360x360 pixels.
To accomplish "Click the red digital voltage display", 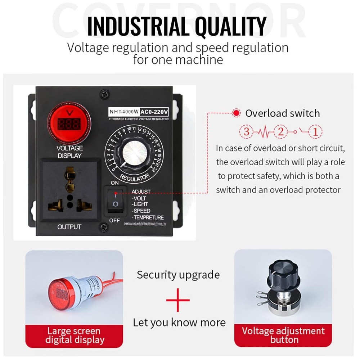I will click(68, 124).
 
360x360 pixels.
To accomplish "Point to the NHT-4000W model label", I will click(124, 112).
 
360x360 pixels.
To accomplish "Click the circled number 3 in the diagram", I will click(246, 132).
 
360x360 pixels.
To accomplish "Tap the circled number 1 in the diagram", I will click(315, 132).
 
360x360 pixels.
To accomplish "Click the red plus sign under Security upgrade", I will click(178, 300).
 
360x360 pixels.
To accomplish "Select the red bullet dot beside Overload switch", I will click(236, 113).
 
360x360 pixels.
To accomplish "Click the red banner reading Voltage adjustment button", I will click(283, 335).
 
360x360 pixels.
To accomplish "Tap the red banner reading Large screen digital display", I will click(74, 335).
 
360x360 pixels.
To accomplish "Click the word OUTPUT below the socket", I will click(69, 227).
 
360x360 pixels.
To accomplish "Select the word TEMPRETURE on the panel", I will click(148, 217).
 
